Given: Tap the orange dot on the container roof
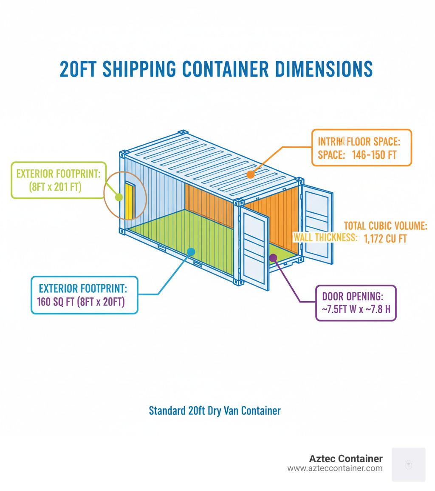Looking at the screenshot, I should pos(251,174).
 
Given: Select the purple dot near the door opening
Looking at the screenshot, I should pos(273,257).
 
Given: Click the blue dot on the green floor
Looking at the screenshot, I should pos(191,252).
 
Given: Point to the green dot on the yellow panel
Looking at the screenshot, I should pos(119,197).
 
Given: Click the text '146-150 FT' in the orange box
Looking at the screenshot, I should pos(374,155).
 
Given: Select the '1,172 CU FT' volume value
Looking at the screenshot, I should pos(385,239).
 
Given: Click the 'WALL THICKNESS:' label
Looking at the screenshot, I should pos(325,237).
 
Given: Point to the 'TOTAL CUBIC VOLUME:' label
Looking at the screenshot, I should pos(385,226).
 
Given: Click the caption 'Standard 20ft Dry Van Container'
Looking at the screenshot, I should pos(215,411).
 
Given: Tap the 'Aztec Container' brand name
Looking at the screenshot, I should pos(346,459).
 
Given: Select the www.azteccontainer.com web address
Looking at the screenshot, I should pos(335,468).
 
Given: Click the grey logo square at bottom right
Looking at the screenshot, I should pos(408,464).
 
